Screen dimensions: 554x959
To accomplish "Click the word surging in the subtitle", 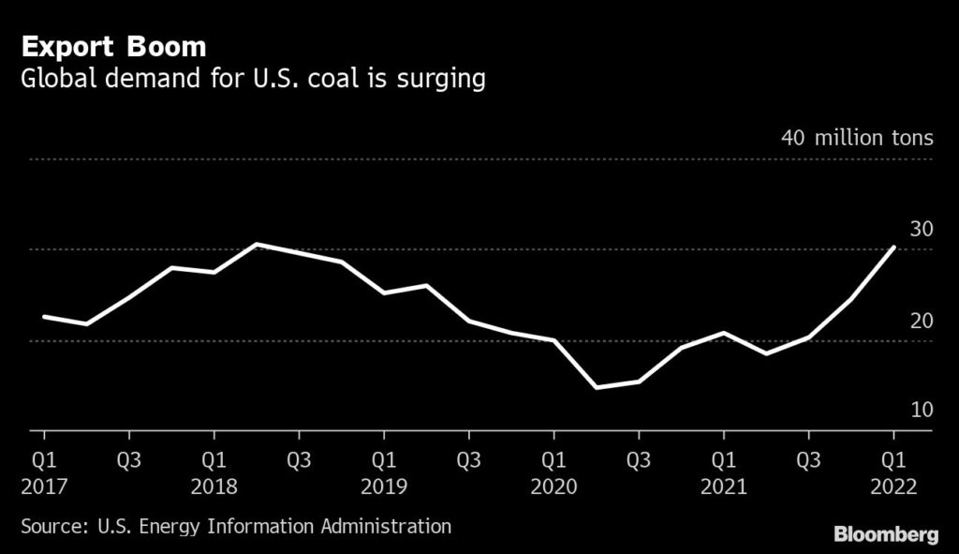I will [445, 81].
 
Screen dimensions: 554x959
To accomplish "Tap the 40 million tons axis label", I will [857, 138].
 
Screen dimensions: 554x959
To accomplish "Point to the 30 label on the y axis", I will [921, 230].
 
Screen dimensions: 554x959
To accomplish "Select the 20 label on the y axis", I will [921, 321].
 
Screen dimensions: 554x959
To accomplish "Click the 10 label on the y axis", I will [921, 410].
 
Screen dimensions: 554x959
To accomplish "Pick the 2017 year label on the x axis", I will [43, 487].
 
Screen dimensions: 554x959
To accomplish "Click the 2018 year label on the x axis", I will [214, 487].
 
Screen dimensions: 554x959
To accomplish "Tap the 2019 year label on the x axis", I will [383, 487].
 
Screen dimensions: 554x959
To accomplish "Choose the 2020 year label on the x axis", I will [553, 487].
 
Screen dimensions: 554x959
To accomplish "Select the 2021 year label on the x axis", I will [723, 487].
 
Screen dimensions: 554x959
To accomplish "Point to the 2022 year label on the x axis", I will [893, 487].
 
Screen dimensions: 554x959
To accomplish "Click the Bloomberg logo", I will [886, 535].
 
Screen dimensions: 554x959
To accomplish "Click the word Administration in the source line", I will [384, 526].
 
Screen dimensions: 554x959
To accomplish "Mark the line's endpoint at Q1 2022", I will [894, 247].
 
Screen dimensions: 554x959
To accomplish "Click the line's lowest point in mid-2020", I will [597, 387].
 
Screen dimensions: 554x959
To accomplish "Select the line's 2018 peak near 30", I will [257, 244].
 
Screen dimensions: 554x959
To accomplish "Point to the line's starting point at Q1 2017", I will [44, 317].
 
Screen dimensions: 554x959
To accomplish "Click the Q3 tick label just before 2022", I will [808, 461].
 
